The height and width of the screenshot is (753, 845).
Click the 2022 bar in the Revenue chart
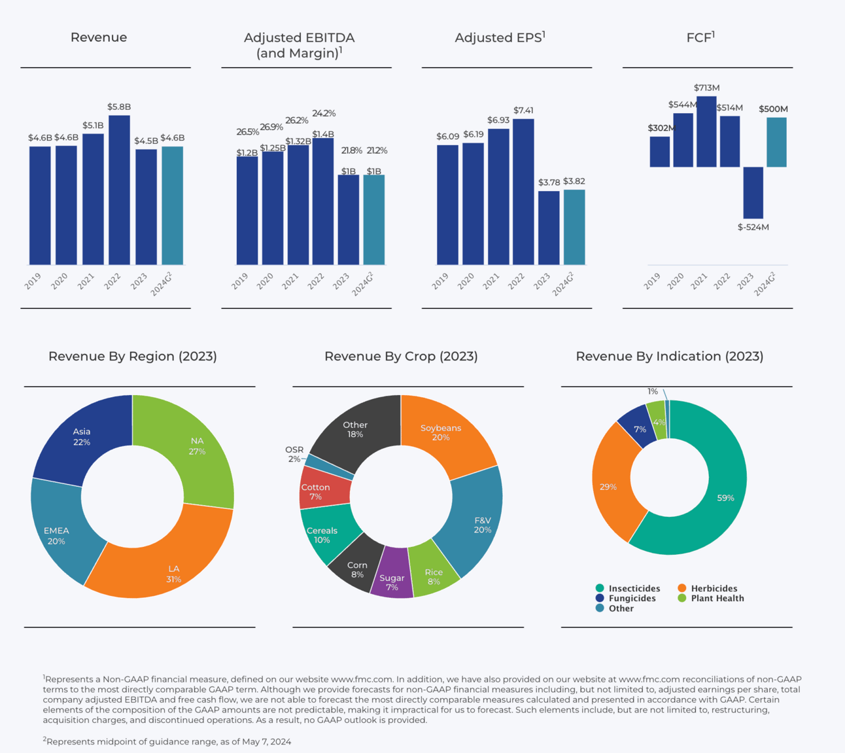point(119,190)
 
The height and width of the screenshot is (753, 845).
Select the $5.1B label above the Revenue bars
point(93,126)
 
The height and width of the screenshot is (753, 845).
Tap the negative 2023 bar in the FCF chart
point(753,192)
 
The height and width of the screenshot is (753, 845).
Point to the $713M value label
point(706,88)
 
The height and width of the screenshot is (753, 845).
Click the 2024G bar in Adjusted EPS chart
point(574,227)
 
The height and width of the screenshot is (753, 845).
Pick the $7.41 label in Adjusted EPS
point(523,111)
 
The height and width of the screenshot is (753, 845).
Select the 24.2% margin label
point(324,113)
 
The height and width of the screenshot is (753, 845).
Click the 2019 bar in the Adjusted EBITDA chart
point(247,210)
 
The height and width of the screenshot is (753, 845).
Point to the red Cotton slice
point(316,492)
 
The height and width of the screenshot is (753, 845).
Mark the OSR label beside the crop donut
point(294,450)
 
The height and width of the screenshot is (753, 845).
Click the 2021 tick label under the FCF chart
point(698,282)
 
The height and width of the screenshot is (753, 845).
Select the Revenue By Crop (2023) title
point(401,357)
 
